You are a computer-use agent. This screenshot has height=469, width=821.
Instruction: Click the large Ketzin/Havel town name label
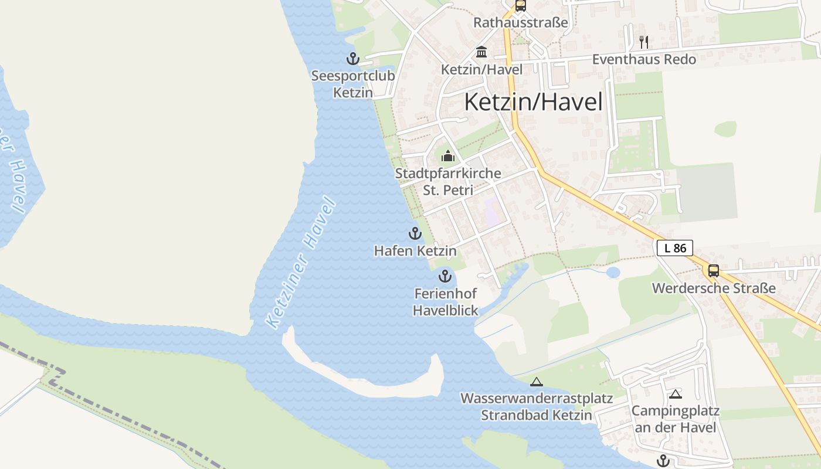click(533, 102)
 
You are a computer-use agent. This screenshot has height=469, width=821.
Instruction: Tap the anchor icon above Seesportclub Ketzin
click(352, 59)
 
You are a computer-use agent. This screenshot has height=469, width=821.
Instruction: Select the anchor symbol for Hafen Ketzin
click(415, 233)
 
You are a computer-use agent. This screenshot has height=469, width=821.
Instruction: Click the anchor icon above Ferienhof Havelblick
click(445, 276)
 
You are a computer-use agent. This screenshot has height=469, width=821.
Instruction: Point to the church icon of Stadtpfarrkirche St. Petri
click(448, 156)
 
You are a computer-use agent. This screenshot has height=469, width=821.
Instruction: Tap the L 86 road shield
click(675, 248)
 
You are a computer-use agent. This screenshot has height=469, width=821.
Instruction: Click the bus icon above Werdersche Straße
click(713, 270)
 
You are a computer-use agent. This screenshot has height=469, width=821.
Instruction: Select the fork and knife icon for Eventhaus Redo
click(644, 42)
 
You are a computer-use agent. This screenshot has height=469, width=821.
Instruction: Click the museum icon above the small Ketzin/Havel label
click(481, 52)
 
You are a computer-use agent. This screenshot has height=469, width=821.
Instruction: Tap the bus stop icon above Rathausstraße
click(520, 6)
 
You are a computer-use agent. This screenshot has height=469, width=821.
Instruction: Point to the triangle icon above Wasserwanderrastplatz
click(536, 382)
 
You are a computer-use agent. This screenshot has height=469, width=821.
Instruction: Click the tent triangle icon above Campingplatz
click(676, 394)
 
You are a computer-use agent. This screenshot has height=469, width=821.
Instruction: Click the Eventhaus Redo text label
click(644, 59)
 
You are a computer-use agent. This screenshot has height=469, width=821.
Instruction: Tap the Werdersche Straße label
click(714, 288)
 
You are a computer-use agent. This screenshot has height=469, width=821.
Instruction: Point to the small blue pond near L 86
click(613, 273)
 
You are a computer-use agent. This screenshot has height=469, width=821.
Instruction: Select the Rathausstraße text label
click(521, 23)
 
